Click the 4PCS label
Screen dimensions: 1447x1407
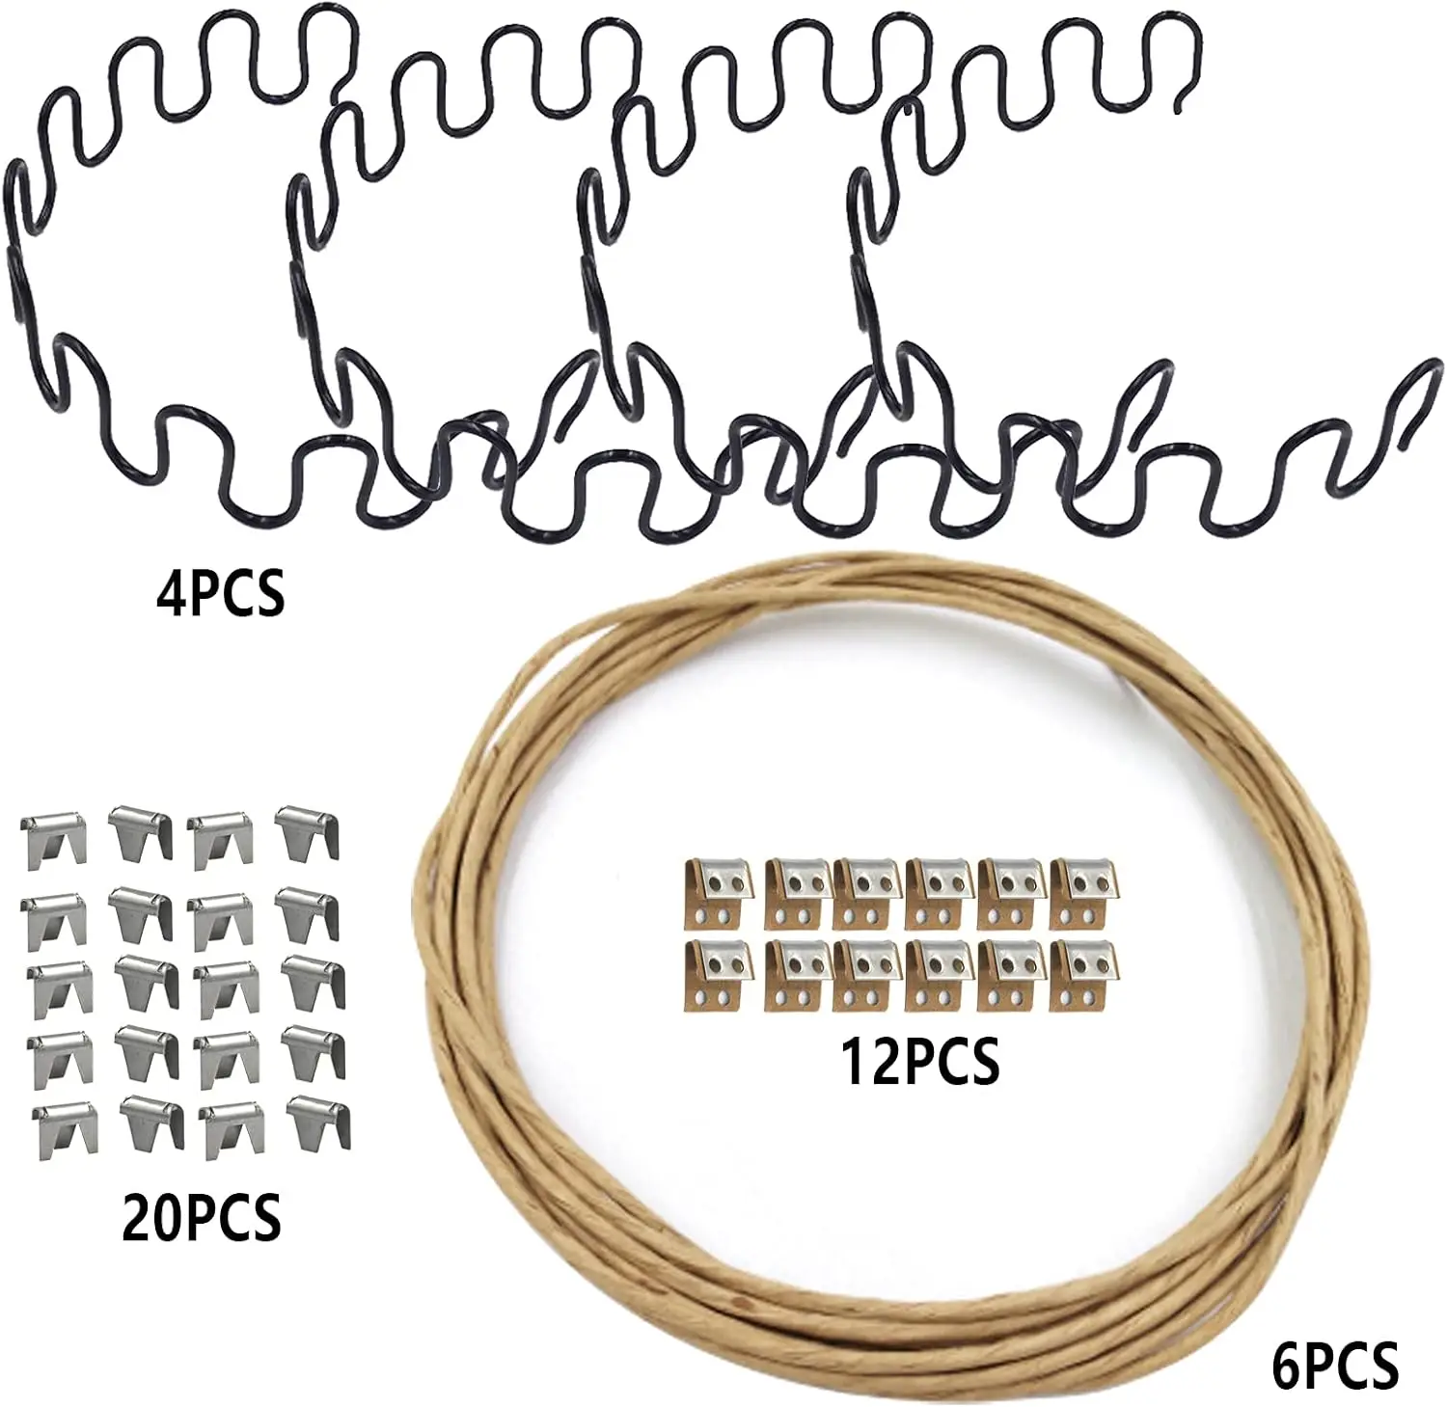point(220,593)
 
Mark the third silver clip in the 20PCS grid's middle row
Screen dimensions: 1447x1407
point(223,982)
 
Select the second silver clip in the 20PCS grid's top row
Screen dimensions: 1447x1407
point(143,832)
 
